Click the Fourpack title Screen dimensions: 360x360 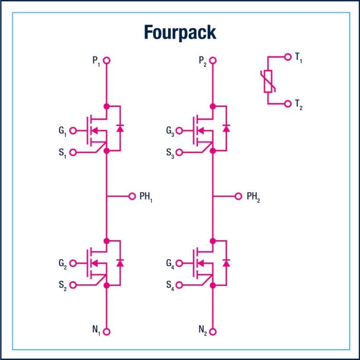point(180,32)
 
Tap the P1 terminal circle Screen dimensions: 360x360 point(106,61)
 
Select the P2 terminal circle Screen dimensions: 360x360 point(213,61)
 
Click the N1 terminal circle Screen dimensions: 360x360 point(106,332)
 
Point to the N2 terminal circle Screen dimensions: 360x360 point(213,332)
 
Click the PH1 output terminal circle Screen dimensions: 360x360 point(132,196)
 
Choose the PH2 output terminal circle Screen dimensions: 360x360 point(238,196)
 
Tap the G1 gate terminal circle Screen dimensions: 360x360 point(73,131)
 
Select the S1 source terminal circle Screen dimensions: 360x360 point(73,152)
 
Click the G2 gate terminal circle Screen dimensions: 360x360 point(73,263)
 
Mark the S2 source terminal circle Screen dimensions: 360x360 point(73,284)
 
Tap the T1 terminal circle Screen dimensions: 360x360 point(287,57)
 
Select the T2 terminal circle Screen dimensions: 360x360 point(287,103)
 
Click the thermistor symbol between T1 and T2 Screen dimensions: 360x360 point(268,81)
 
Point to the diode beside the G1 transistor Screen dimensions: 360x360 point(120,128)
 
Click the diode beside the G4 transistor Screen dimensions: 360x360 point(226,262)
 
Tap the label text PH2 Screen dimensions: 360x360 point(254,196)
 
